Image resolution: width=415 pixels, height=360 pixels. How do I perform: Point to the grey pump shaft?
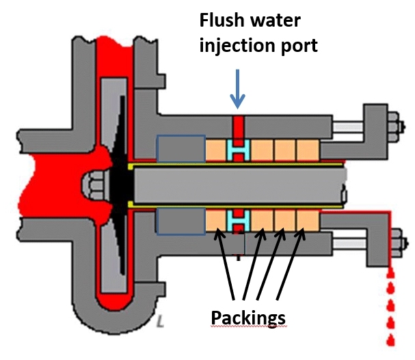(x=239, y=185)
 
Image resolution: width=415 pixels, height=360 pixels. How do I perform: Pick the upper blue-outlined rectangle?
(x=180, y=148)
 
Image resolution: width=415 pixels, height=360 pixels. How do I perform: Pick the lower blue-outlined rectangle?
(x=180, y=221)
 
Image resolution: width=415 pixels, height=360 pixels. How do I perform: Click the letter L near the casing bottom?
(x=160, y=319)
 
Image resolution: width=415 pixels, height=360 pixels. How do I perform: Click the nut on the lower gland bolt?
(x=397, y=240)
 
